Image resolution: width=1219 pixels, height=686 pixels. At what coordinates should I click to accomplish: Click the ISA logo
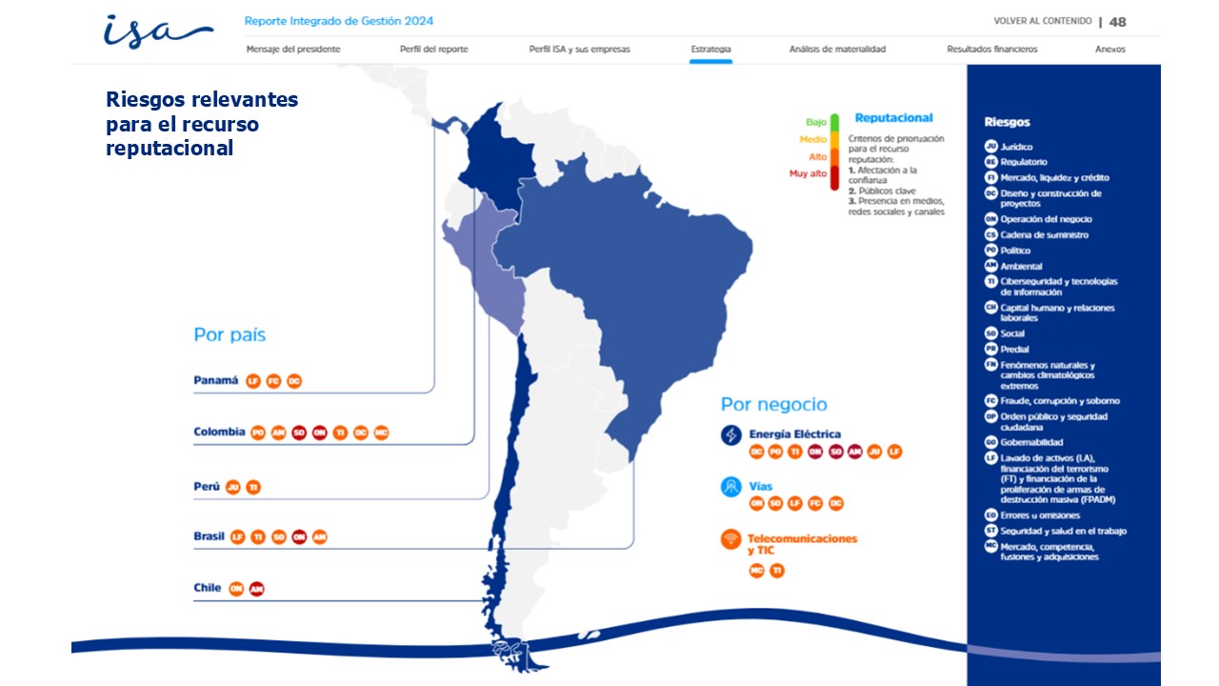tap(157, 31)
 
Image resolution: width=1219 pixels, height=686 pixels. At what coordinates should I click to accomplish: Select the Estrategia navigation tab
tap(711, 49)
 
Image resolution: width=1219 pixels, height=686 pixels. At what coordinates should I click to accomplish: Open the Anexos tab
tap(1109, 49)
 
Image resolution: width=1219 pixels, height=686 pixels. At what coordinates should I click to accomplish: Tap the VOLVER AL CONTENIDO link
tap(1042, 21)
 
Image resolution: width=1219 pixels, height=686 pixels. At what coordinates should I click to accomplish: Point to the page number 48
tap(1118, 21)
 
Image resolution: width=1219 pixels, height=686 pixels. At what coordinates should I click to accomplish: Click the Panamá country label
tap(216, 380)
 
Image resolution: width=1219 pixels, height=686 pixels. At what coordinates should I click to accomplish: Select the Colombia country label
tap(219, 432)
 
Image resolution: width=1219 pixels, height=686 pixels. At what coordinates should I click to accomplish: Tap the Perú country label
tap(207, 486)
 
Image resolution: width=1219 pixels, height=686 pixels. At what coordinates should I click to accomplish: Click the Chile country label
tap(208, 588)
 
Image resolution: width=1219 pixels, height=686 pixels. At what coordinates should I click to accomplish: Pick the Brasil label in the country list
tap(210, 536)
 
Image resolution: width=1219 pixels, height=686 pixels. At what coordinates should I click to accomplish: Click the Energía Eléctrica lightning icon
tap(731, 434)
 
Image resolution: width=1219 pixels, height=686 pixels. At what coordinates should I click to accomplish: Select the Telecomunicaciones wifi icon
tap(731, 539)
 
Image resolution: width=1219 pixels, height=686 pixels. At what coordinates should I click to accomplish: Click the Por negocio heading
tap(773, 404)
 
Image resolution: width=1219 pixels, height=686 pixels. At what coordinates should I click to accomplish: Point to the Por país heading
tap(230, 334)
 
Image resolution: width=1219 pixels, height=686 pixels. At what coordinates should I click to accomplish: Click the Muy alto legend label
tap(808, 173)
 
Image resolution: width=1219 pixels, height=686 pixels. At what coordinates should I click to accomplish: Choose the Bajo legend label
tap(816, 122)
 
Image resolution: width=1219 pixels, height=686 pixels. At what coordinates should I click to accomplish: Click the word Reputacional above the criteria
tap(893, 118)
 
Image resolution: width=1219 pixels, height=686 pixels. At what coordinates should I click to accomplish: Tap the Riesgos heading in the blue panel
tap(1007, 122)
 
